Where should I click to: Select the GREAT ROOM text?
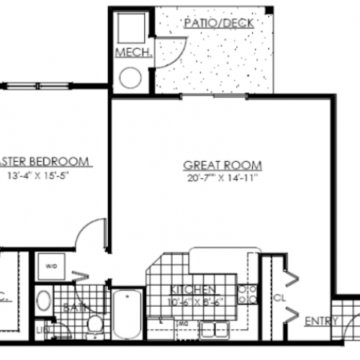tap(222, 163)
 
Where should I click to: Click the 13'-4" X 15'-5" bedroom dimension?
tap(42, 174)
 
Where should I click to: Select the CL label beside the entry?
tap(279, 296)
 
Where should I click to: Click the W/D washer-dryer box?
tap(50, 264)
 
